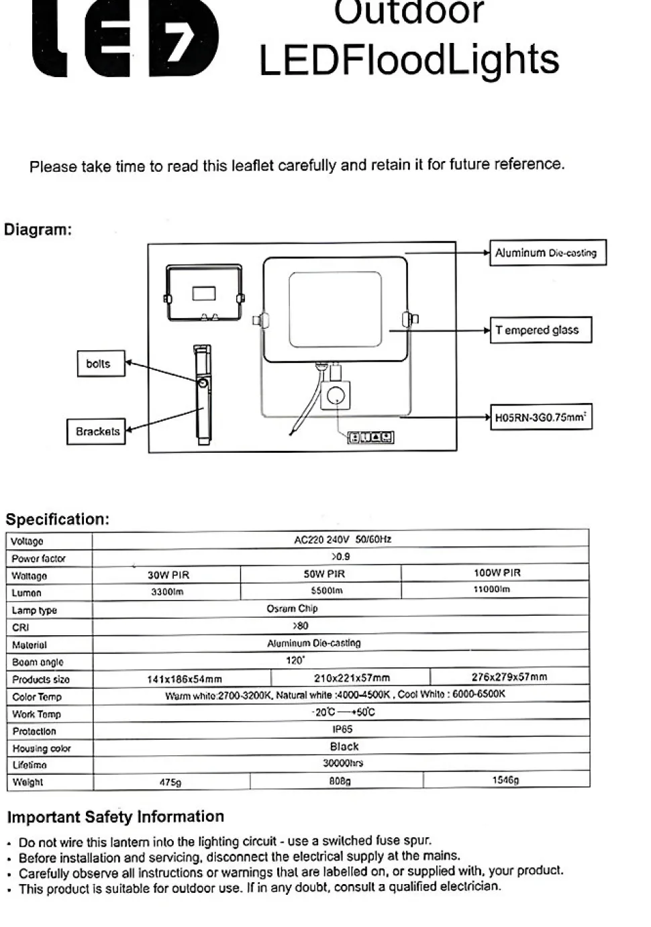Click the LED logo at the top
(126, 40)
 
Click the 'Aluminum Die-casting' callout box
(547, 253)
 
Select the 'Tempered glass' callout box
(540, 330)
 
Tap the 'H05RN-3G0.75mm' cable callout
(540, 417)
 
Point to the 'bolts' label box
(101, 364)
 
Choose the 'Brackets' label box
(97, 431)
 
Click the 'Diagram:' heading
(38, 230)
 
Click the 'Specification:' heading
(57, 519)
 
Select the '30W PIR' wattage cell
(168, 575)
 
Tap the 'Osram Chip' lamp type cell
(292, 609)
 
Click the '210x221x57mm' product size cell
(352, 677)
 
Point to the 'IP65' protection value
(342, 729)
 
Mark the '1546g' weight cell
(505, 780)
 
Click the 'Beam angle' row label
(38, 662)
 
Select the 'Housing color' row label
(41, 749)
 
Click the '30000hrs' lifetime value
(343, 763)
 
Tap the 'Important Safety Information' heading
(115, 817)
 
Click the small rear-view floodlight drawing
(203, 293)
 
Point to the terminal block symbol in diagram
(370, 438)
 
